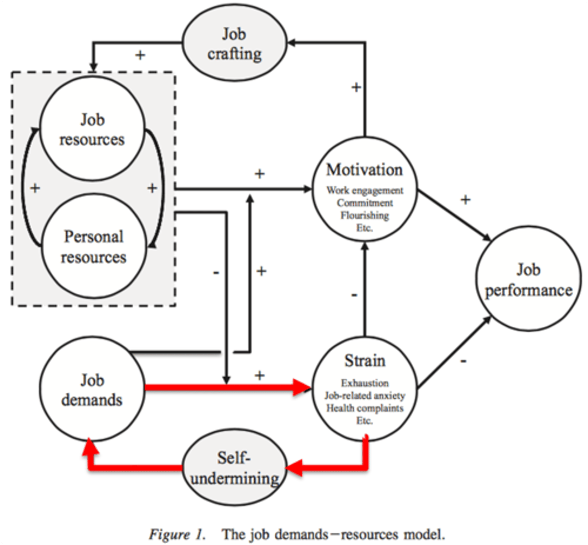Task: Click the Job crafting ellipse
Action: (234, 44)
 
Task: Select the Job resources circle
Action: (92, 129)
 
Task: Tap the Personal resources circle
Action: (94, 247)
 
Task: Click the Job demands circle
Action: (92, 390)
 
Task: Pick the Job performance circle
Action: (528, 280)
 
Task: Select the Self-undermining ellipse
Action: (234, 468)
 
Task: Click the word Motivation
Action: (364, 170)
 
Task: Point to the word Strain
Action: (365, 361)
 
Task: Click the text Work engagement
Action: (365, 190)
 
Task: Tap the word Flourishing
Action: (365, 215)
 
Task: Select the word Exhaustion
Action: (365, 383)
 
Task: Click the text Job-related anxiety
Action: (365, 396)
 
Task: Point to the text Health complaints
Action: (365, 408)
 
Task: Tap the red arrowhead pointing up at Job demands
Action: (90, 447)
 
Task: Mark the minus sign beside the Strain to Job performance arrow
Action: (463, 361)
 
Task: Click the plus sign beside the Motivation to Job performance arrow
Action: (465, 200)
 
